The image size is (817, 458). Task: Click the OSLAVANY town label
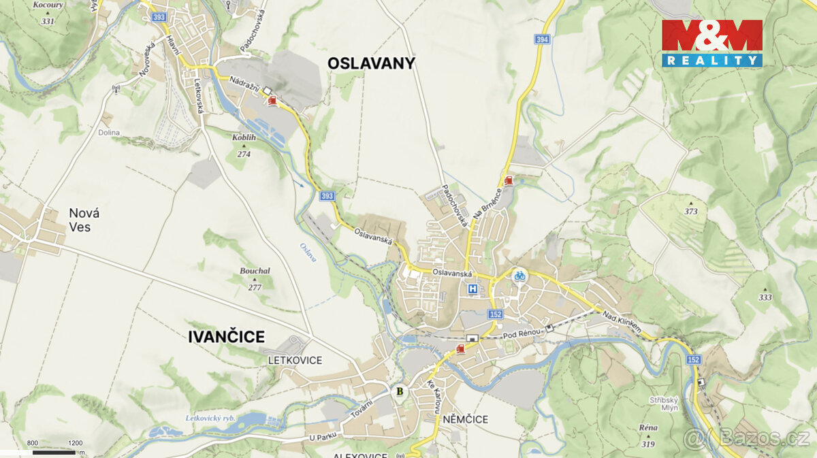[371, 63]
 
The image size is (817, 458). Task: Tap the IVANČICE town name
[226, 336]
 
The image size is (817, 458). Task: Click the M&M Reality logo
[711, 43]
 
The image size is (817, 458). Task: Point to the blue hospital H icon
[472, 289]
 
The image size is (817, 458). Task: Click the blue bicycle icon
[519, 275]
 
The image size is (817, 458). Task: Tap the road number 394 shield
[542, 39]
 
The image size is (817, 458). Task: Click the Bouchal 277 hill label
[255, 278]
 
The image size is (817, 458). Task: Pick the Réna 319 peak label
[647, 435]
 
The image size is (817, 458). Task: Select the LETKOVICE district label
[295, 360]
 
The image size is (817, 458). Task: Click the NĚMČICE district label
[464, 419]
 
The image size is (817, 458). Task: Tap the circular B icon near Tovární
[400, 391]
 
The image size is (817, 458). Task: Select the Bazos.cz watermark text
[756, 438]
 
